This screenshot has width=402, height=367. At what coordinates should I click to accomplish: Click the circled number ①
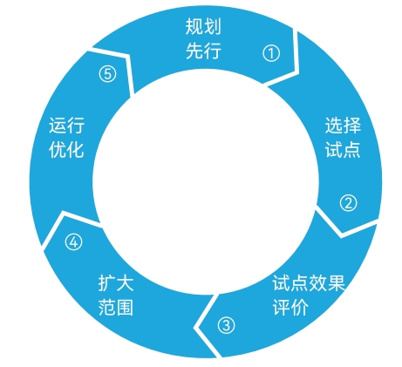tap(271, 53)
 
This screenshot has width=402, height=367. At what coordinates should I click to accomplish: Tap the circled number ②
tap(348, 203)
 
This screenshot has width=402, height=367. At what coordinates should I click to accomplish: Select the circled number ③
tap(226, 325)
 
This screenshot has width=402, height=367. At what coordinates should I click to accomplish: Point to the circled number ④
tap(73, 242)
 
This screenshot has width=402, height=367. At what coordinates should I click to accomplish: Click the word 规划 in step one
tap(203, 27)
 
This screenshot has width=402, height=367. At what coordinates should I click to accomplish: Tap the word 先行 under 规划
tap(203, 51)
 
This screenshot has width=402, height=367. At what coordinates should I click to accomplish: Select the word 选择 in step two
tap(343, 126)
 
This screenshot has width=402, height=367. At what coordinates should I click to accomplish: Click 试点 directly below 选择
tap(343, 150)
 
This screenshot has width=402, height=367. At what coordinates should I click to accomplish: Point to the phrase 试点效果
tap(309, 282)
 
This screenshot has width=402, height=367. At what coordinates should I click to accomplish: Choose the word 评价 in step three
tap(290, 307)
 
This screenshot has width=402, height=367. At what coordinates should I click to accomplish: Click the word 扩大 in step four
tap(116, 282)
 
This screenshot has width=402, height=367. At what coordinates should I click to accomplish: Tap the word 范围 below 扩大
tap(116, 307)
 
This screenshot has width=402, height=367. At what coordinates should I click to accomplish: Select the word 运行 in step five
tap(66, 126)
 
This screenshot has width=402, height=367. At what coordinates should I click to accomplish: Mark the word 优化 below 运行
tap(66, 150)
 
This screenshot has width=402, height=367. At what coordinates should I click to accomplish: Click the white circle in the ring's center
tap(206, 181)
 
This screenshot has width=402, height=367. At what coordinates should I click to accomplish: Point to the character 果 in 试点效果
tap(337, 282)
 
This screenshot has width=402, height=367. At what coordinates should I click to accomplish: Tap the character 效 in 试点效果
tap(317, 282)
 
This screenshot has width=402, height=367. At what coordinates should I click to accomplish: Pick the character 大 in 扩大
tap(126, 282)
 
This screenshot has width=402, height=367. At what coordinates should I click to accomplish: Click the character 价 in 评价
tap(300, 307)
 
